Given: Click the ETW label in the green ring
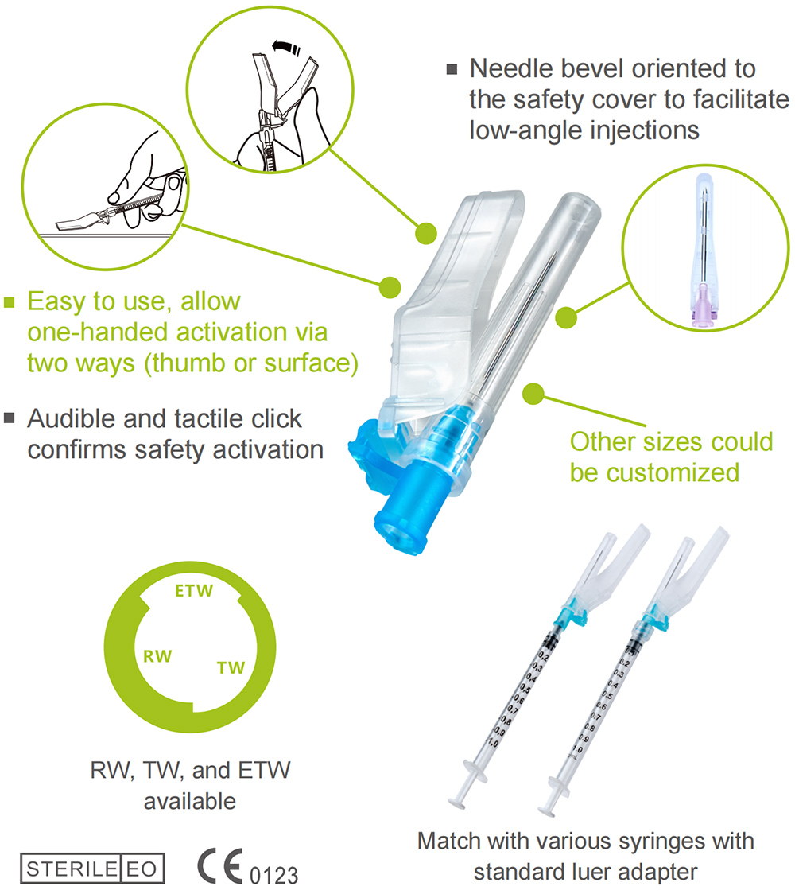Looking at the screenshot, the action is [x=194, y=590].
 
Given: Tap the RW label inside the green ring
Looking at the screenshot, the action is [x=157, y=656].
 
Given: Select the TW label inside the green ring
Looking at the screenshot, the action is [x=231, y=667].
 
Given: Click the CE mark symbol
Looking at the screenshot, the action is [x=219, y=867].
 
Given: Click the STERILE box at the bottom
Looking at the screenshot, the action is [x=72, y=869].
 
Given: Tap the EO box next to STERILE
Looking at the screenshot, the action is [x=142, y=869].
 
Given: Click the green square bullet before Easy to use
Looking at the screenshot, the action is [x=9, y=301].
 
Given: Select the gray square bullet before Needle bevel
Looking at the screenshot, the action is [x=452, y=69].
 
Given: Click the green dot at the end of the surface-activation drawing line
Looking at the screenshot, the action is [x=390, y=287].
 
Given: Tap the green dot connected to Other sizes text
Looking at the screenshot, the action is [x=533, y=394].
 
